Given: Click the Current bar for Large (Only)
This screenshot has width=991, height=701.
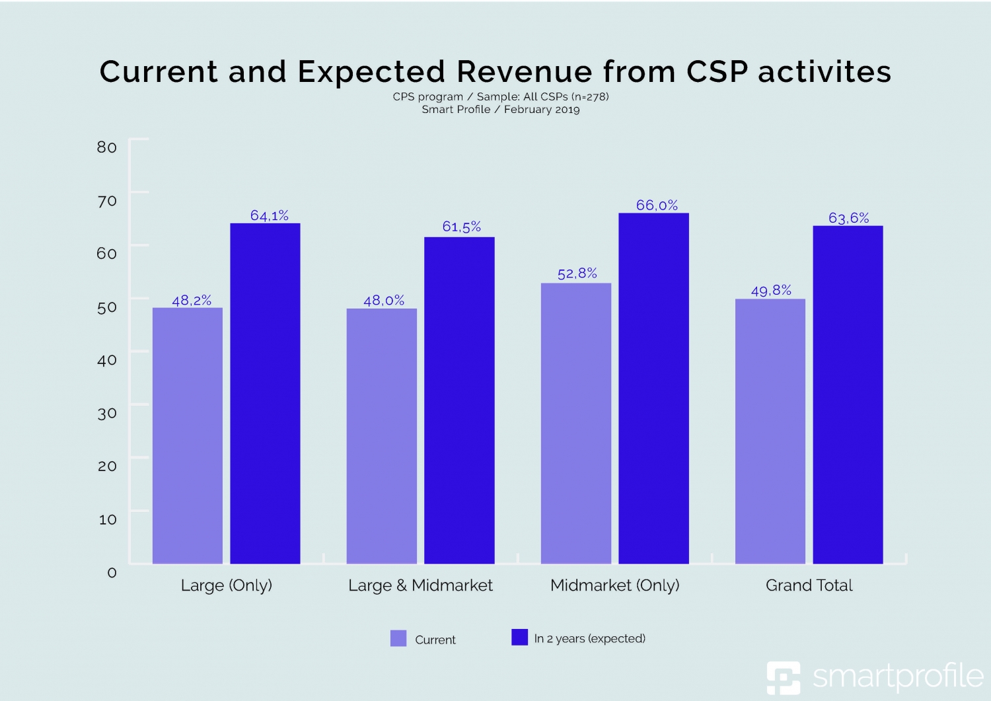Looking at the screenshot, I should pyautogui.click(x=187, y=436).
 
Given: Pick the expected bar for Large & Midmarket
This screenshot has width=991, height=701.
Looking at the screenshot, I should pyautogui.click(x=459, y=400).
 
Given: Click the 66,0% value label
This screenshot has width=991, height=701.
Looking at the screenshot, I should pyautogui.click(x=657, y=205).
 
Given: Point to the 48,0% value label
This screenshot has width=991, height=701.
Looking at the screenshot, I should pyautogui.click(x=384, y=301).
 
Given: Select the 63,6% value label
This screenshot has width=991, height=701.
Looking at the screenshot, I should pyautogui.click(x=848, y=218).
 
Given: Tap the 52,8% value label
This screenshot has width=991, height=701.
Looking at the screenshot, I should pyautogui.click(x=577, y=274).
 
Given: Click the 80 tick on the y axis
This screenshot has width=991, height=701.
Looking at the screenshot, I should pyautogui.click(x=107, y=147).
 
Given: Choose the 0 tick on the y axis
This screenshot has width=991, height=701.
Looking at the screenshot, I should pyautogui.click(x=112, y=573).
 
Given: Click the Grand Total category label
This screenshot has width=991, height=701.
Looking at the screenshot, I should pyautogui.click(x=809, y=585).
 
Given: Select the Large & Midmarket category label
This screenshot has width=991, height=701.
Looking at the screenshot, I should pyautogui.click(x=420, y=585).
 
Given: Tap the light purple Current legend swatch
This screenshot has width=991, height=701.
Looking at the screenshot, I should pyautogui.click(x=398, y=638).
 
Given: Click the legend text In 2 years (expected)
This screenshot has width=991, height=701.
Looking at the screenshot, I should pyautogui.click(x=589, y=639).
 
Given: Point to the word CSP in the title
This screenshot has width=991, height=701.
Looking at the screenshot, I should pyautogui.click(x=717, y=72).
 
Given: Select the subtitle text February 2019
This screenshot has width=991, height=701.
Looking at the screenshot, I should pyautogui.click(x=542, y=110).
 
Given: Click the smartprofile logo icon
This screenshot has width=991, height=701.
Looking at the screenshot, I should pyautogui.click(x=783, y=677).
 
